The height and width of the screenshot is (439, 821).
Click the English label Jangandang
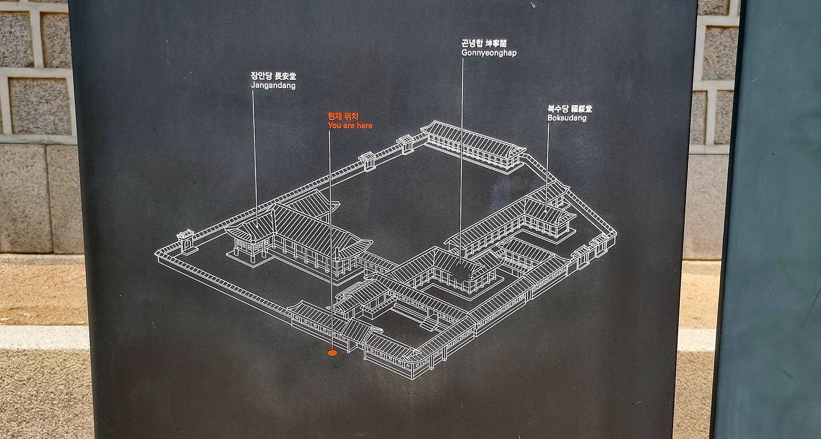[x=273, y=86]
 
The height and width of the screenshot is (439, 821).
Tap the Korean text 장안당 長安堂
[x=273, y=76]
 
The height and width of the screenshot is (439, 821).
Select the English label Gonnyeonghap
[x=488, y=53]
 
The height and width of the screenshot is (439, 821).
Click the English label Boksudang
[x=566, y=118]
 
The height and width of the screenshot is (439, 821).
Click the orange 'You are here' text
[x=350, y=126]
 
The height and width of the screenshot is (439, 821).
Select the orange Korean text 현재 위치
[x=343, y=116]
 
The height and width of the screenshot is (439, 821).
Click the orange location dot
[x=332, y=353]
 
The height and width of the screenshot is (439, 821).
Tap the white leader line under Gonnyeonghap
[x=462, y=153]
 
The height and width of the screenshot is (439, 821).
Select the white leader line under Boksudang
[x=548, y=159]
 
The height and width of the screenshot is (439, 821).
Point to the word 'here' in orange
[x=365, y=126]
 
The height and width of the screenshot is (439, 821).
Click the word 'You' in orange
[x=334, y=126]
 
